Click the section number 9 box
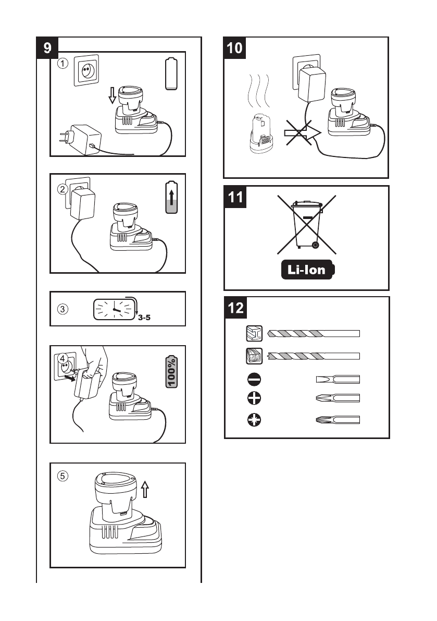tap(47, 47)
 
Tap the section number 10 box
tap(234, 48)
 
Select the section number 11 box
tap(235, 197)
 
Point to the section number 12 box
tap(236, 308)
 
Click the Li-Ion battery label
tap(307, 270)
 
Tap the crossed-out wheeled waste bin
tap(306, 225)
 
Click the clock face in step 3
tap(114, 309)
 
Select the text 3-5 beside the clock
tap(144, 317)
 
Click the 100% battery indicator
tap(171, 371)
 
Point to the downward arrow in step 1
tap(113, 95)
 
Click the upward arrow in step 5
tap(145, 489)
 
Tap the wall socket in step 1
tap(86, 70)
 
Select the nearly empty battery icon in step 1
tap(171, 74)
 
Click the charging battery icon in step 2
tap(171, 197)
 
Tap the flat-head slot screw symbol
tap(254, 380)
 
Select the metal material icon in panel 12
tap(254, 334)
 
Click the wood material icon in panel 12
tap(254, 356)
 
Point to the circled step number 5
tap(63, 476)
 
